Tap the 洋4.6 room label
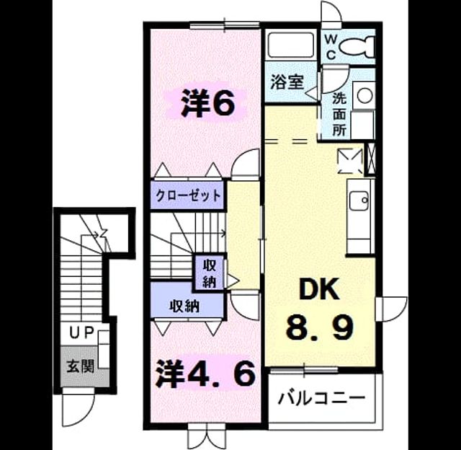(205, 374)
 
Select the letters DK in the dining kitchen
(318, 289)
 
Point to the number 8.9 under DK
(319, 327)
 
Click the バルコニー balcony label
(322, 399)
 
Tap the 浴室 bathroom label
(287, 81)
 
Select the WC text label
(331, 47)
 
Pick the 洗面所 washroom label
(339, 115)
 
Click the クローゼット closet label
(188, 195)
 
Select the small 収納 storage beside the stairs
(210, 274)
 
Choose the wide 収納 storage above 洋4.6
(184, 306)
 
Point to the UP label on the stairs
(81, 332)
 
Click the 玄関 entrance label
(80, 366)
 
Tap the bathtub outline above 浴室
(290, 45)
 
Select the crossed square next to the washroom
(370, 159)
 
